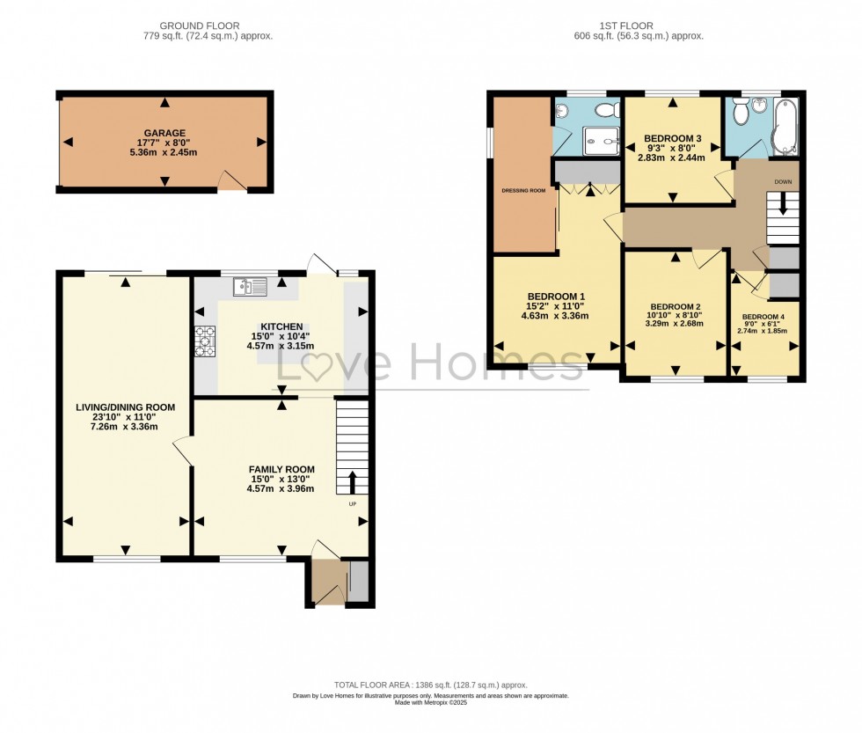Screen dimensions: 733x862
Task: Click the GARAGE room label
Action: coord(164,134)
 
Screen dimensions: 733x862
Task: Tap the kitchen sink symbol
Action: coord(250,286)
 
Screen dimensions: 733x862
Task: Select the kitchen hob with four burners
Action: coord(205,341)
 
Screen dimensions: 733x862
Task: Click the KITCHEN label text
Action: coord(281,326)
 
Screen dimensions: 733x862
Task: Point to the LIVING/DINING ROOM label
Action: coord(125,407)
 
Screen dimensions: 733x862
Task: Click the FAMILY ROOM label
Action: coord(281,469)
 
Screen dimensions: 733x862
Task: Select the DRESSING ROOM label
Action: coord(524,189)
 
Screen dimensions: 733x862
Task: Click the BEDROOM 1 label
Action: coord(556,296)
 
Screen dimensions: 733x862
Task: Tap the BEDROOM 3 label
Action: coord(672,139)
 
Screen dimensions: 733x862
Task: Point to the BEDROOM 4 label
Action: coord(763,317)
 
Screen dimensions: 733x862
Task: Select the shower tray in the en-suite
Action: coord(596,138)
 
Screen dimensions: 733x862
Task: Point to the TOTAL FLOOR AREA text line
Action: coord(430,684)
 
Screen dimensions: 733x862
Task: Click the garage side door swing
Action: coord(230,180)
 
